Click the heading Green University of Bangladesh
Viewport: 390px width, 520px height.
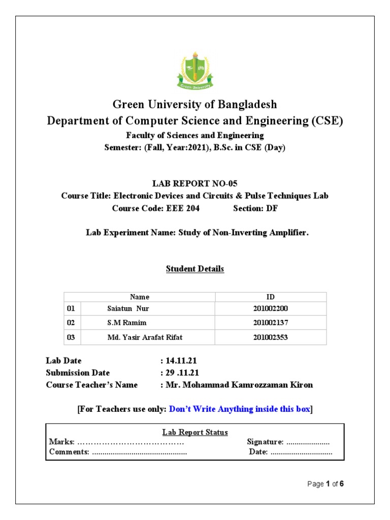point(195,105)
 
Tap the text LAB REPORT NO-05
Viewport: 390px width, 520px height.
point(195,183)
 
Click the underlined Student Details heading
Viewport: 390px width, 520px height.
point(195,269)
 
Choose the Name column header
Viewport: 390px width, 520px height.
point(140,297)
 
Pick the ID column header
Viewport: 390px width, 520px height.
point(271,297)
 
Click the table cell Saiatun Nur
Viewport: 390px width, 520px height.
point(128,309)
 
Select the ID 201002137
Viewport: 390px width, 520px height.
point(271,322)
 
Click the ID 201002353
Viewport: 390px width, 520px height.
point(271,337)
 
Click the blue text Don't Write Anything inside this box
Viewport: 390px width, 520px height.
point(239,409)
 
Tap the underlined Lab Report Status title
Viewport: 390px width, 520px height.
point(195,432)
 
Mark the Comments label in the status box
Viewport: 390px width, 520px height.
point(69,452)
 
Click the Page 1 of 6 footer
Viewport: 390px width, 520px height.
point(326,484)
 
